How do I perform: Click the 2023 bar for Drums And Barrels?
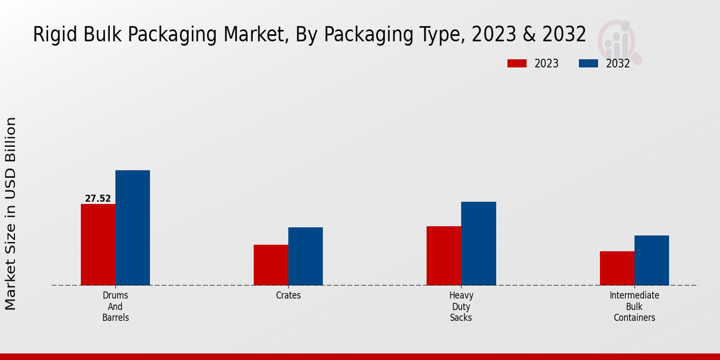point(98,244)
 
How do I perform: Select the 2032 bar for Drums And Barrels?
point(133,227)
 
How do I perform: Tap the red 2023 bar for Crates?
point(271,265)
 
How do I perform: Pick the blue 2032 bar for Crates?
point(305,256)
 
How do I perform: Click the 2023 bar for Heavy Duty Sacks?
point(444,256)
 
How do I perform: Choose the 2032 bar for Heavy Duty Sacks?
point(479,243)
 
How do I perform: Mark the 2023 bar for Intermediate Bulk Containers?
point(617,268)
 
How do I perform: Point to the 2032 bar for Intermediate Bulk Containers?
point(652,260)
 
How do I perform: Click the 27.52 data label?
point(98,199)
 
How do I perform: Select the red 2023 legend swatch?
point(516,64)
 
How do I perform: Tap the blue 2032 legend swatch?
point(588,64)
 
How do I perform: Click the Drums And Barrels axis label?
point(116,307)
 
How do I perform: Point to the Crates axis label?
point(289,296)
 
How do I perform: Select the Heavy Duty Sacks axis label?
point(461,307)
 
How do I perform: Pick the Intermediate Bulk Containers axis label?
point(634,307)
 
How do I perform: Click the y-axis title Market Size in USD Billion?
point(11,214)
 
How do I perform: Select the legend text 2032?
point(617,64)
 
